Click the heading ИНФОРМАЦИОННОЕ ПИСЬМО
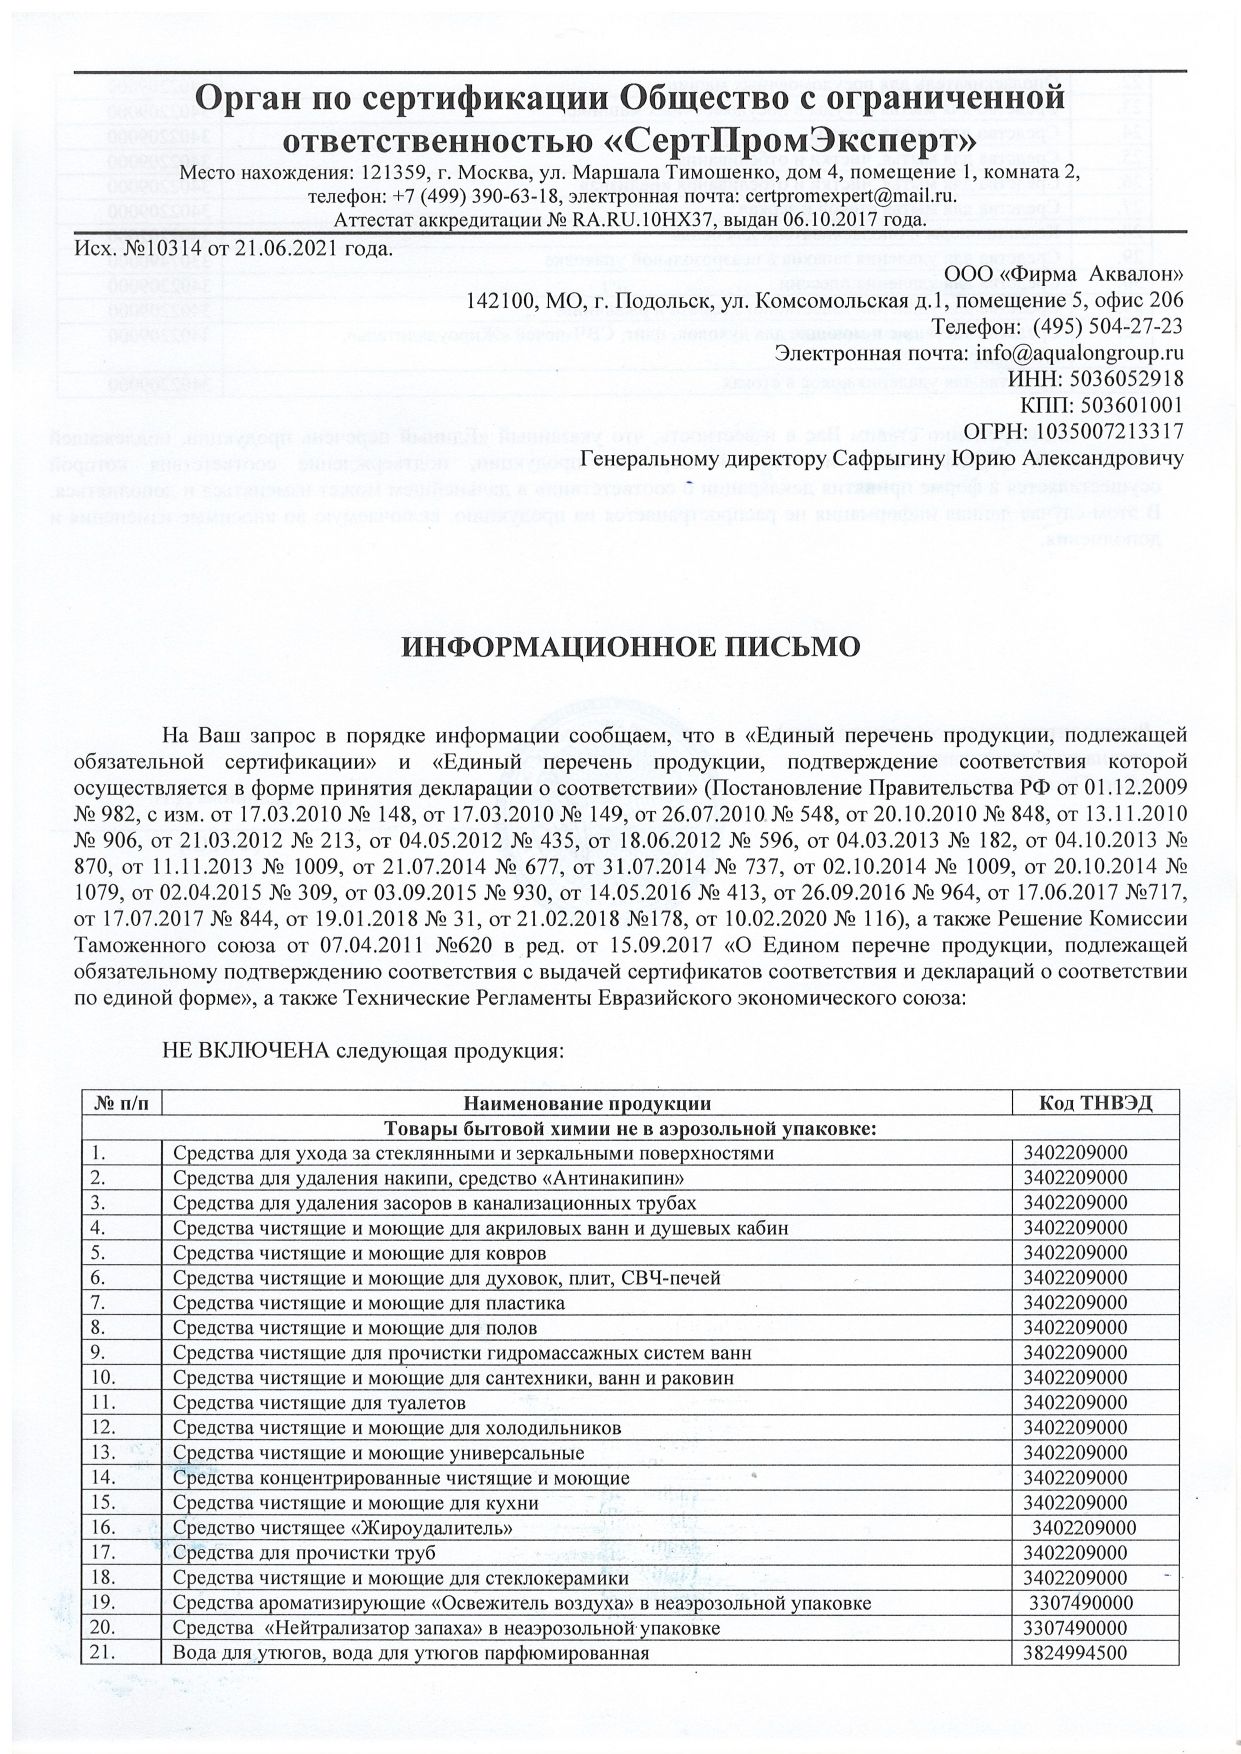(630, 646)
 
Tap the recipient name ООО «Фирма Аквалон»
(1064, 274)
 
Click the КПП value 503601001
(1128, 405)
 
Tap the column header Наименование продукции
(587, 1103)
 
